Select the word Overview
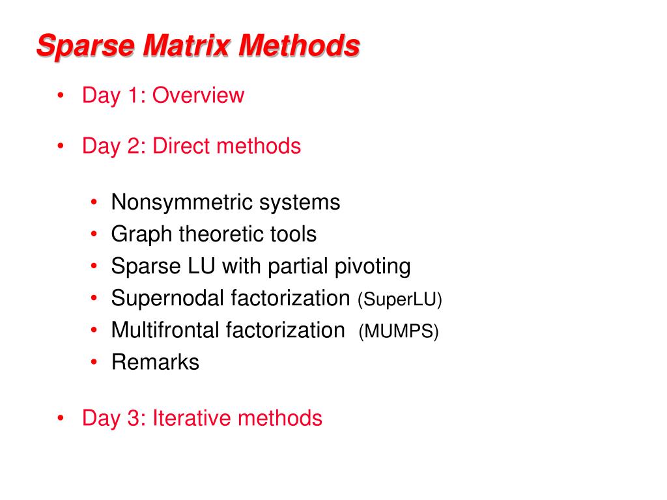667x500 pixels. pyautogui.click(x=199, y=96)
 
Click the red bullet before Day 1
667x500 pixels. pyautogui.click(x=61, y=96)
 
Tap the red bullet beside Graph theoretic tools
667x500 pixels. pyautogui.click(x=95, y=234)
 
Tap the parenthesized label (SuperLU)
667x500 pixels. pyautogui.click(x=399, y=299)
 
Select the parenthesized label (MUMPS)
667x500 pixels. pyautogui.click(x=399, y=331)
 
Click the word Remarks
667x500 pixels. pyautogui.click(x=155, y=362)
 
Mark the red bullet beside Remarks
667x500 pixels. pyautogui.click(x=95, y=362)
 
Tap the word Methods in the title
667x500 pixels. pyautogui.click(x=300, y=47)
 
